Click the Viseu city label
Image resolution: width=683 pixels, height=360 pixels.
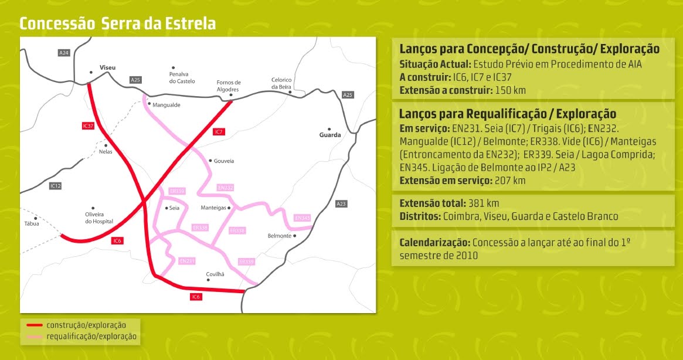pyautogui.click(x=108, y=68)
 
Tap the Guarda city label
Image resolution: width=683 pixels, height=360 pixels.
pyautogui.click(x=329, y=135)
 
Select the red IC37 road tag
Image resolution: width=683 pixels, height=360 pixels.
pyautogui.click(x=88, y=126)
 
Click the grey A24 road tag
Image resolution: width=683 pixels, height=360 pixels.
pyautogui.click(x=64, y=53)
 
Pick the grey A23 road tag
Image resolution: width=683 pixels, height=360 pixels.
pyautogui.click(x=341, y=203)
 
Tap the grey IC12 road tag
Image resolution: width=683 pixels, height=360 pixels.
pyautogui.click(x=56, y=186)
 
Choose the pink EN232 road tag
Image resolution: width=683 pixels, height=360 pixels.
pyautogui.click(x=225, y=188)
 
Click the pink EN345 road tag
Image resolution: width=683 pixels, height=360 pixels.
pyautogui.click(x=302, y=218)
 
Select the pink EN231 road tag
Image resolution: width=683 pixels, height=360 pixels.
pyautogui.click(x=186, y=260)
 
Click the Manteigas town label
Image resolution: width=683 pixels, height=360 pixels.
pyautogui.click(x=213, y=208)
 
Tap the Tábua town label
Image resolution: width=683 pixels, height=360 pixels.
pyautogui.click(x=31, y=223)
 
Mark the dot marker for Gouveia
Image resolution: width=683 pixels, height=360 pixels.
pyautogui.click(x=210, y=160)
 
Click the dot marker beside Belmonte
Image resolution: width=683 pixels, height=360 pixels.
pyautogui.click(x=295, y=236)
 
